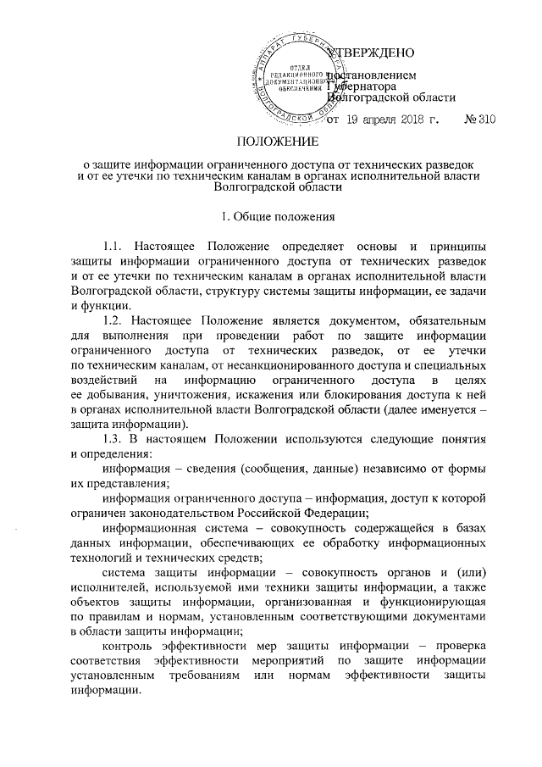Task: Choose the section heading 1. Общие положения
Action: pos(271,215)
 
